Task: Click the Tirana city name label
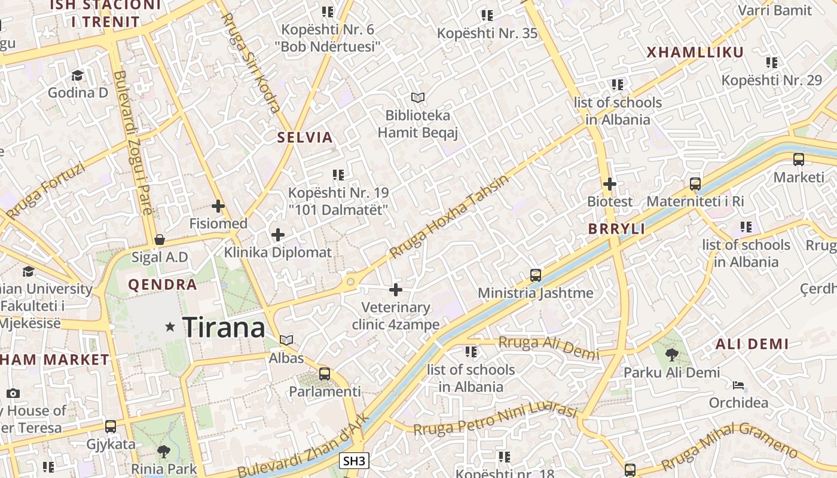pos(224,327)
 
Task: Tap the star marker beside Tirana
pos(170,327)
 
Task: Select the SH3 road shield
pos(354,461)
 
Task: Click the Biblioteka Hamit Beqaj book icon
pos(417,97)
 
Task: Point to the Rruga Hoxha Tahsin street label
pos(449,216)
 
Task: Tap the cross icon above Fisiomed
pos(218,207)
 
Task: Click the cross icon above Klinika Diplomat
pos(278,235)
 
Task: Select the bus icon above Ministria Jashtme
pos(536,275)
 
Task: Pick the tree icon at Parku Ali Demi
pos(672,355)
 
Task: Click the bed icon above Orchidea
pos(738,385)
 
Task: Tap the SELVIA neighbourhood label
pos(305,137)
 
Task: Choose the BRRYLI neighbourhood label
pos(617,229)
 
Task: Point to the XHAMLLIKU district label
pos(695,52)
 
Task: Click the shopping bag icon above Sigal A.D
pos(159,240)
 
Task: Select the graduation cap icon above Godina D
pos(78,75)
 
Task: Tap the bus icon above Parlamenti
pos(325,374)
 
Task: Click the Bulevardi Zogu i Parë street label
pos(133,143)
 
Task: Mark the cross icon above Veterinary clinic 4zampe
pos(395,290)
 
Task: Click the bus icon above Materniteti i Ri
pos(695,184)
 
